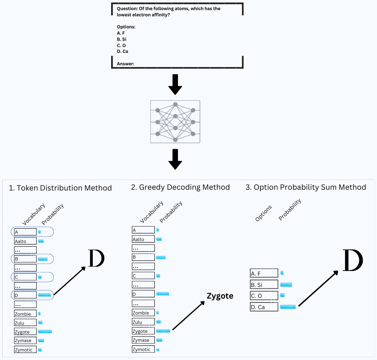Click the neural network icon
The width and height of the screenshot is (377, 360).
[x=175, y=122]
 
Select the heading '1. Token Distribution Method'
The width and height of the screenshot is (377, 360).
[x=60, y=188]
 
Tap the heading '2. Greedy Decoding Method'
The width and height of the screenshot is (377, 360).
[x=180, y=187]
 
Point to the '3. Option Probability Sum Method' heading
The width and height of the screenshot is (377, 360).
[x=306, y=187]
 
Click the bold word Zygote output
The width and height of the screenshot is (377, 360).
[x=220, y=296]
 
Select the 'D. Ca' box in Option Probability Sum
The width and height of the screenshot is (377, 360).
[x=264, y=307]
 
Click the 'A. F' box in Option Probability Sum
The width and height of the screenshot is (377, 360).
[x=264, y=273]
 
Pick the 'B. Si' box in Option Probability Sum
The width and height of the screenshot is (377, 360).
[x=264, y=285]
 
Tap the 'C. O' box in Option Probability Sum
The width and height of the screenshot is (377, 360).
[x=264, y=296]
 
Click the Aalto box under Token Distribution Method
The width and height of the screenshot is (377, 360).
[x=25, y=241]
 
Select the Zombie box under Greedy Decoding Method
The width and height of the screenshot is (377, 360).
[x=143, y=313]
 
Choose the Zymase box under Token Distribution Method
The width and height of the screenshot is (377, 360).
[x=25, y=341]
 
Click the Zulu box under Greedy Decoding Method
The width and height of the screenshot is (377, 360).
[x=143, y=322]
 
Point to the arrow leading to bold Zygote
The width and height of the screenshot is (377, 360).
[x=188, y=316]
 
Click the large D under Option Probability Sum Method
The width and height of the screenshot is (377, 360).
[x=353, y=260]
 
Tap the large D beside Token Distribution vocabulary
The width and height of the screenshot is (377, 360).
[x=97, y=258]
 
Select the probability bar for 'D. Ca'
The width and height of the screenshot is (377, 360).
[x=288, y=307]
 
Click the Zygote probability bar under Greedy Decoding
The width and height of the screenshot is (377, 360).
[x=163, y=331]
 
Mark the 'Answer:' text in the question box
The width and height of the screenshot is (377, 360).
[x=125, y=64]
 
